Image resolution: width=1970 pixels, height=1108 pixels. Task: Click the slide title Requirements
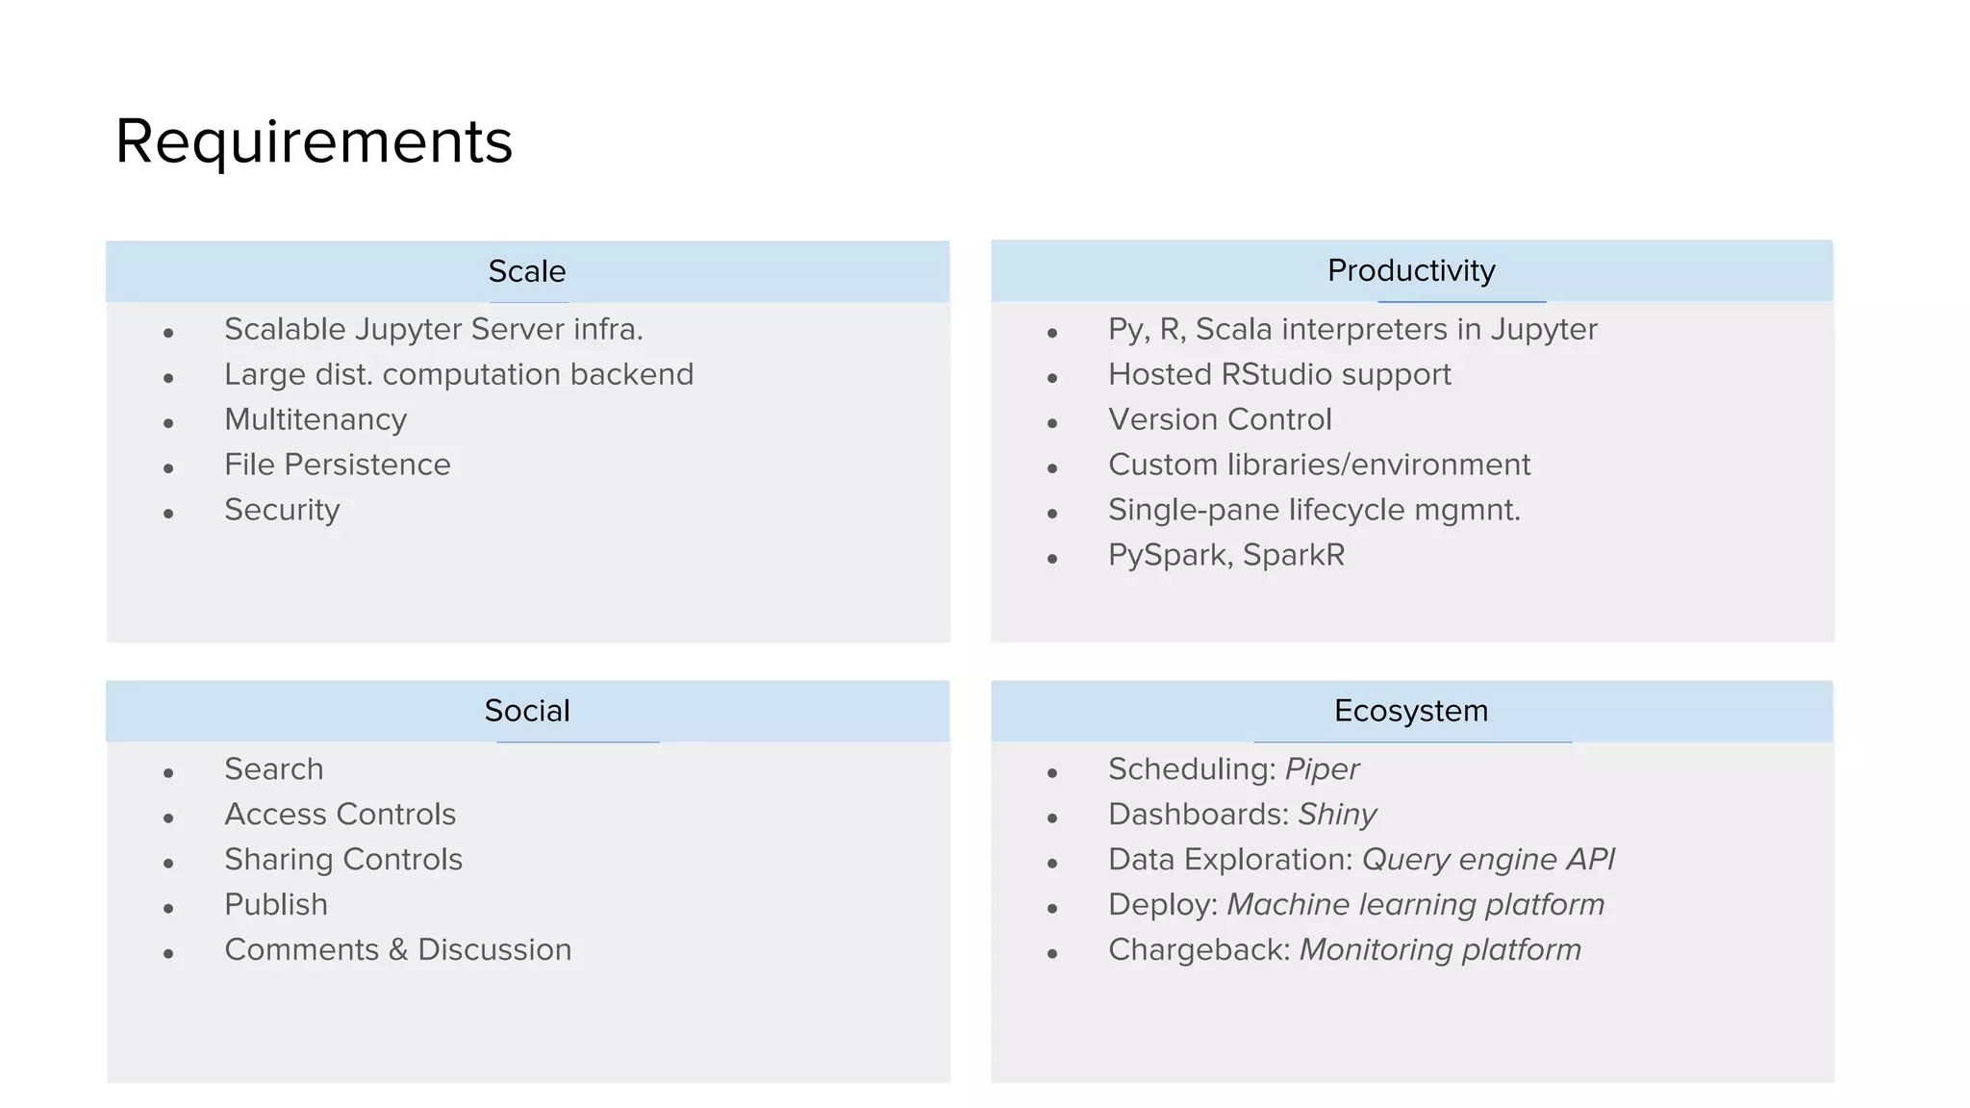(x=314, y=142)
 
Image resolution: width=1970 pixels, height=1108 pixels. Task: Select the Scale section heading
(x=526, y=271)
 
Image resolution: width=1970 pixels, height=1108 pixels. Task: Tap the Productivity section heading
(x=1410, y=270)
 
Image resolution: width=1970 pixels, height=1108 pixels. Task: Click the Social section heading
(x=526, y=711)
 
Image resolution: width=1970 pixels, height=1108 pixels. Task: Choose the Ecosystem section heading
(x=1410, y=711)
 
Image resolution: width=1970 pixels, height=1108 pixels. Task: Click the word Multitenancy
(x=316, y=420)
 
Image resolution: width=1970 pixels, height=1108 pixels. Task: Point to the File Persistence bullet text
(x=337, y=465)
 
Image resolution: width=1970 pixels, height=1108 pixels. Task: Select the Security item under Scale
(x=282, y=510)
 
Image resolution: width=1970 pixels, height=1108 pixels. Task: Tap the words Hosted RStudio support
(x=1278, y=374)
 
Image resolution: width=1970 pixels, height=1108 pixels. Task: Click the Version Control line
(x=1219, y=419)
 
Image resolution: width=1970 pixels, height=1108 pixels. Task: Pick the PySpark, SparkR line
(x=1225, y=555)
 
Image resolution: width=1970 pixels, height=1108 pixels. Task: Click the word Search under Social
(x=273, y=769)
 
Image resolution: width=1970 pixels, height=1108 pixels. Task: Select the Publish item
(x=276, y=905)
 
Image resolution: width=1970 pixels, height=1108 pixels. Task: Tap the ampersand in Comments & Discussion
(x=398, y=950)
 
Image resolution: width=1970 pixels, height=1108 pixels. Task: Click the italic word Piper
(x=1322, y=769)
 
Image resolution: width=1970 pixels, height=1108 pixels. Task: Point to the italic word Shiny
(x=1337, y=815)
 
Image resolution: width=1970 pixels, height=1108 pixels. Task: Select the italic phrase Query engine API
(x=1488, y=860)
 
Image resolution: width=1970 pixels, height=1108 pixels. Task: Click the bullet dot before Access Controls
(x=168, y=818)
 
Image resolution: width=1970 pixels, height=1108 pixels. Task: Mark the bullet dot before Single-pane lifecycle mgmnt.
(x=1052, y=514)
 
